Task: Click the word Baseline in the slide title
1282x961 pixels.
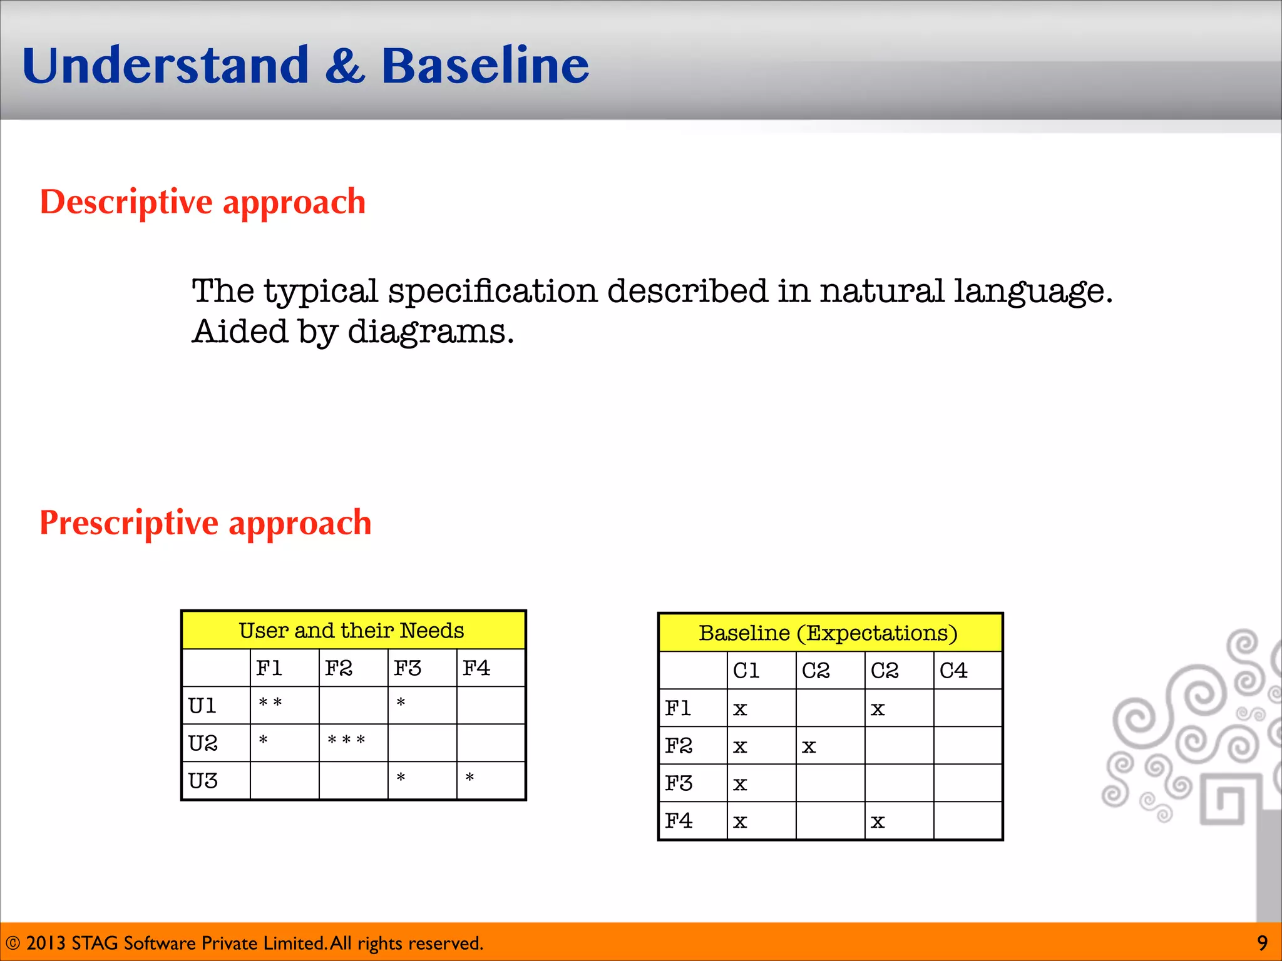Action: (x=485, y=66)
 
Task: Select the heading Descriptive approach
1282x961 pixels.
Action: (x=203, y=203)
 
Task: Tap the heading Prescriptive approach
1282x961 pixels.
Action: (x=205, y=523)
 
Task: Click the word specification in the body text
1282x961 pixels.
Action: (x=492, y=292)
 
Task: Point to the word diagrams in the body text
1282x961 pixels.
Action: (x=430, y=332)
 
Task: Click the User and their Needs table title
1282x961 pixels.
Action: (x=352, y=631)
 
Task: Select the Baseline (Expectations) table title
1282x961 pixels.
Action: (x=828, y=633)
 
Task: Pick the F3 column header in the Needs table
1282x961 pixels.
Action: (x=408, y=668)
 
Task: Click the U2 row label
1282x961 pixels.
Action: (x=203, y=743)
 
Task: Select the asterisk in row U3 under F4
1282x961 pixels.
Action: (x=469, y=778)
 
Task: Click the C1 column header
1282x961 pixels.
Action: (x=746, y=671)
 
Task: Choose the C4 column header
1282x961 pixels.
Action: (x=953, y=671)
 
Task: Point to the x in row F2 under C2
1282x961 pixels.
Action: (x=809, y=746)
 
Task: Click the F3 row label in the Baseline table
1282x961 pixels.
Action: (x=679, y=783)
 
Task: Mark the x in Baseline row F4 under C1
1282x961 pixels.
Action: (x=740, y=821)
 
